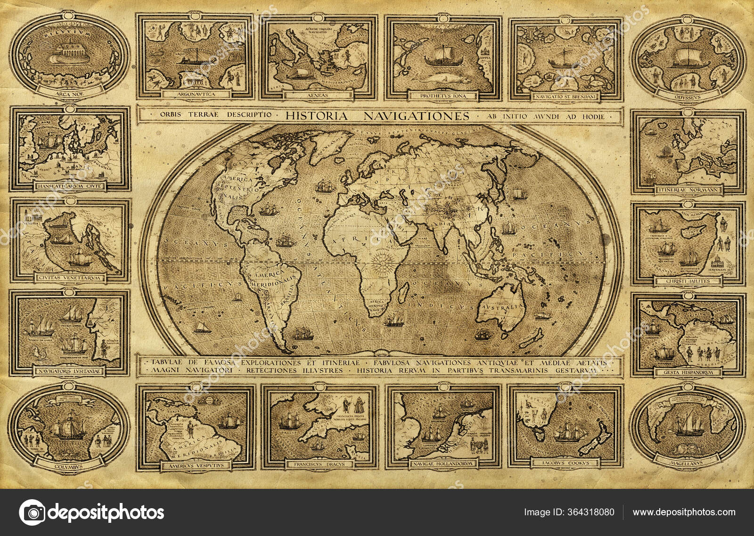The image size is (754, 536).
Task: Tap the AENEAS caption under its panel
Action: pyautogui.click(x=320, y=95)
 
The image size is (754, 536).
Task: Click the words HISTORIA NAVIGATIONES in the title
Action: pyautogui.click(x=377, y=115)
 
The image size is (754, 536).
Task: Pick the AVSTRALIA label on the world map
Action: pyautogui.click(x=501, y=307)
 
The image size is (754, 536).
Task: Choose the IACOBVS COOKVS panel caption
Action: pyautogui.click(x=566, y=463)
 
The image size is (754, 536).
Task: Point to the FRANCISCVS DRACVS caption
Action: pyautogui.click(x=320, y=464)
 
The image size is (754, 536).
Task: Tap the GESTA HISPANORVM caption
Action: pyautogui.click(x=688, y=372)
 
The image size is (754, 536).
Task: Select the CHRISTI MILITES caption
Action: pyautogui.click(x=688, y=281)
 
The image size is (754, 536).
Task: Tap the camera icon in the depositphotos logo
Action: pyautogui.click(x=32, y=512)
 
